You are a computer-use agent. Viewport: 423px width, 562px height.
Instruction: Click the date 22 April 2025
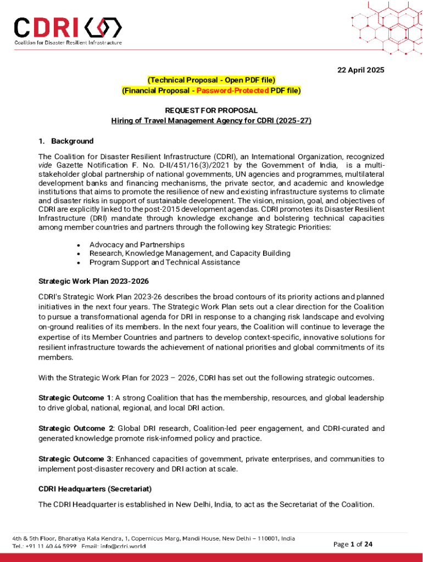click(360, 70)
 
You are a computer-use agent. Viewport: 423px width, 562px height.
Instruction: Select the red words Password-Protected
click(239, 91)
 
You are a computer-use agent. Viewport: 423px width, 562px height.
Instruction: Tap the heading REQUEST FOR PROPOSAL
click(211, 110)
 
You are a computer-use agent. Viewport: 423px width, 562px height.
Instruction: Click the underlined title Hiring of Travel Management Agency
click(211, 120)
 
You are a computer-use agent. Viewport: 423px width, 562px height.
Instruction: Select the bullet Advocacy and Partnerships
click(137, 244)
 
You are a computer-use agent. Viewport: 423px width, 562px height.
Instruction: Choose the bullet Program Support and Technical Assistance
click(164, 262)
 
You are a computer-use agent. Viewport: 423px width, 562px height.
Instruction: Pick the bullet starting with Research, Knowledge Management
click(190, 253)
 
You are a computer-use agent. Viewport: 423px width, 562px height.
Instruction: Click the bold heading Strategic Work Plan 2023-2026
click(93, 282)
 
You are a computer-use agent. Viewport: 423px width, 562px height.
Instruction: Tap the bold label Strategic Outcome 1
click(75, 397)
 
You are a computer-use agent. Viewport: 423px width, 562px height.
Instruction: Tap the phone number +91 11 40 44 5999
click(53, 547)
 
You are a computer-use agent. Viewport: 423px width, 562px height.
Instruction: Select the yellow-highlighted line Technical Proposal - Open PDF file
click(211, 80)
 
